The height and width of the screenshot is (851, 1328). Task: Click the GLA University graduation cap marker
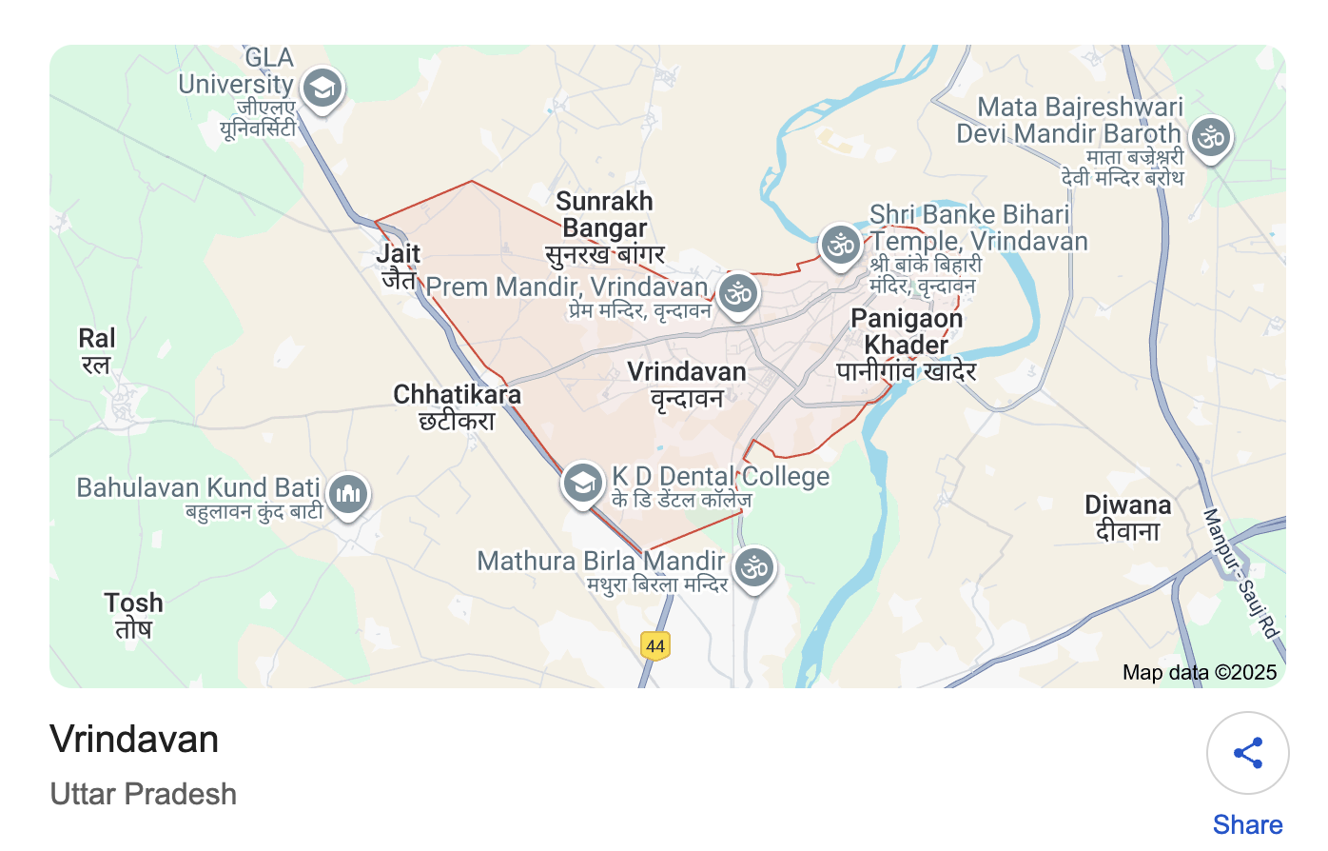(322, 89)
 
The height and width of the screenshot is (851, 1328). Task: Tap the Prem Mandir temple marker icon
(738, 293)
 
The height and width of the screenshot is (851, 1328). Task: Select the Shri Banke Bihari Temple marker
(841, 246)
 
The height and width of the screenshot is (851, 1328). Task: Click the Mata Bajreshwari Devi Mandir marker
(1211, 138)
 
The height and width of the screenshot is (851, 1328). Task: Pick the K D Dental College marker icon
(582, 483)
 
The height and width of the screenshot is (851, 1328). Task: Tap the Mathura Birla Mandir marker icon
(755, 568)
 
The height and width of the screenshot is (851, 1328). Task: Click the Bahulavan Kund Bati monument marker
(348, 494)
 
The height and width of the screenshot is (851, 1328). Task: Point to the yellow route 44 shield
(655, 646)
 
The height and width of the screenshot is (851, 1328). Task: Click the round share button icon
(1247, 753)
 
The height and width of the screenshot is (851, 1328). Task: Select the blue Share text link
(1247, 824)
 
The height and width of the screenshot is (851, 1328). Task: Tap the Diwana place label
(1128, 517)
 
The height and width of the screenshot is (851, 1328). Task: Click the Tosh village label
(134, 615)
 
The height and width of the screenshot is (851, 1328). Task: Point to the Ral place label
(97, 350)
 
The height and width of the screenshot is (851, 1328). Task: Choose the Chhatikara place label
(458, 406)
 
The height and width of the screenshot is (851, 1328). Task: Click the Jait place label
(398, 266)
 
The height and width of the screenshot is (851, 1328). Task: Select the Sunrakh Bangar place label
(605, 228)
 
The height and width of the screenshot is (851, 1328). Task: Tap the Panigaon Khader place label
(907, 344)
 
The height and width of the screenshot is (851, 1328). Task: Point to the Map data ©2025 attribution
(1199, 672)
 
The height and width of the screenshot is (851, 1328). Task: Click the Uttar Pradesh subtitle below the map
(144, 794)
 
